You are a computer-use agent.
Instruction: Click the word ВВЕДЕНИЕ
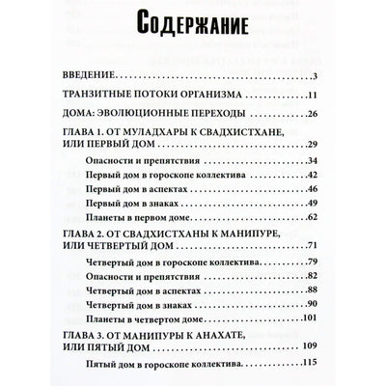point(93,75)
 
